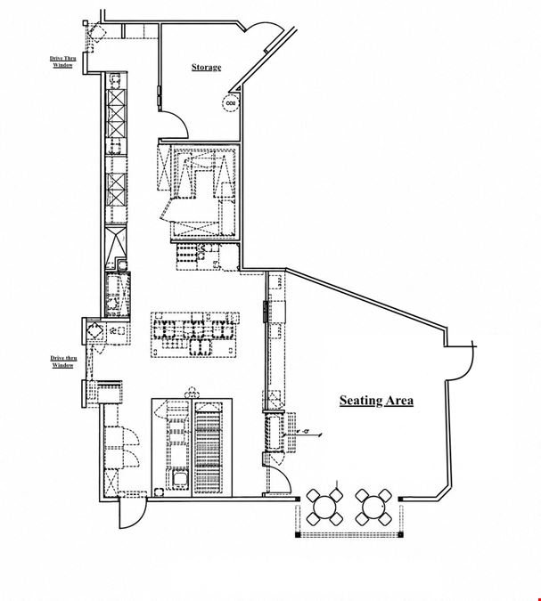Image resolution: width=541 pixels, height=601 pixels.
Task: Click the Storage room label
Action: [x=207, y=67]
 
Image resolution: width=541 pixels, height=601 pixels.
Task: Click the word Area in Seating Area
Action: [x=399, y=401]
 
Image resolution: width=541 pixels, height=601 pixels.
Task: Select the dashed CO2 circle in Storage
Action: [x=231, y=103]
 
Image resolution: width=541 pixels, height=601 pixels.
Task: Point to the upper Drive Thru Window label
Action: [x=63, y=61]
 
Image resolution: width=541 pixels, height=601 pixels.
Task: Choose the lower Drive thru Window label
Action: [x=63, y=361]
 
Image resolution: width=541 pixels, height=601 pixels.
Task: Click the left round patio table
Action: [x=324, y=508]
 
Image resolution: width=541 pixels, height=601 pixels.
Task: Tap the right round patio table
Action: [x=373, y=508]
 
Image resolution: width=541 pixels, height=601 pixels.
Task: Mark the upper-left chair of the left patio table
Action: [x=313, y=495]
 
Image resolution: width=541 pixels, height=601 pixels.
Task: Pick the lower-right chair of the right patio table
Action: [x=385, y=519]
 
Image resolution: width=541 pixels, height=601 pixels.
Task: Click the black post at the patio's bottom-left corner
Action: [x=298, y=534]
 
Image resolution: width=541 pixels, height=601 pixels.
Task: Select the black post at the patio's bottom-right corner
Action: [x=400, y=534]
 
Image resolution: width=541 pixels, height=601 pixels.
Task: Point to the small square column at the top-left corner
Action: [x=86, y=23]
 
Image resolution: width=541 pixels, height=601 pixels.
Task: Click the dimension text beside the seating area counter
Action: [x=306, y=432]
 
